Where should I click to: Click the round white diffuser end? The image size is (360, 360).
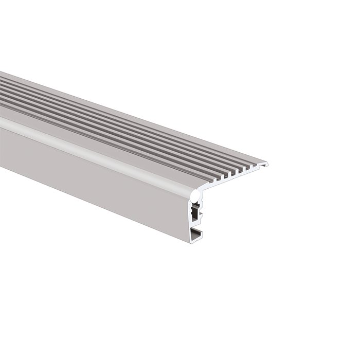pyautogui.click(x=195, y=195)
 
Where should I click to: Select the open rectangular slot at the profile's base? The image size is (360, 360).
pyautogui.click(x=196, y=235)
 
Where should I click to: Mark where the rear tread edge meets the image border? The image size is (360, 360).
pyautogui.click(x=1, y=71)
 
